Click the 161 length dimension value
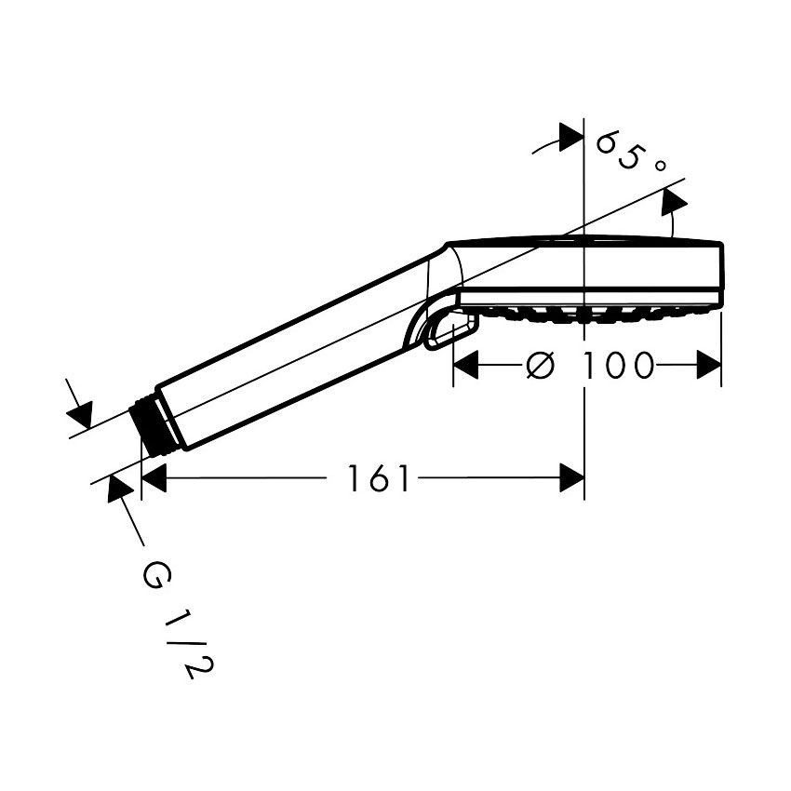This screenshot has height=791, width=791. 379,478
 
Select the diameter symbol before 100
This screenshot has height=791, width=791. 541,365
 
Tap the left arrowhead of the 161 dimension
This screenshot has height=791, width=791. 154,477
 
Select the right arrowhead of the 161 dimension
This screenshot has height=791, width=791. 572,477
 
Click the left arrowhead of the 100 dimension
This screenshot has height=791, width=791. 465,365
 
